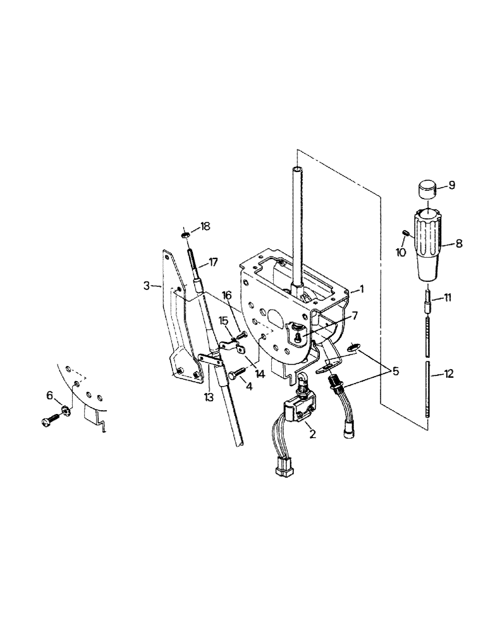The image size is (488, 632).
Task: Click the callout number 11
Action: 448,296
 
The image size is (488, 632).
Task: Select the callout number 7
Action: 355,315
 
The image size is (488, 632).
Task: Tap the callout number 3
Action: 146,286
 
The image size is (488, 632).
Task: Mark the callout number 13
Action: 209,397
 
